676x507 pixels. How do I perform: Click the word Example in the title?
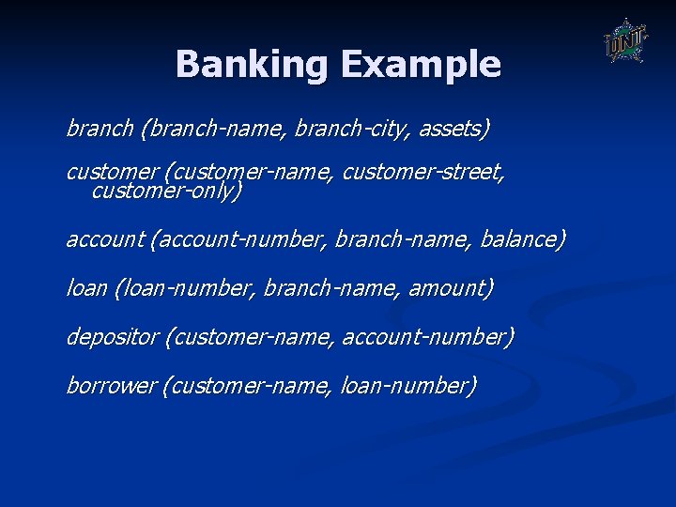tap(421, 65)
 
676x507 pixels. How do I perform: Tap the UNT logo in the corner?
tap(624, 41)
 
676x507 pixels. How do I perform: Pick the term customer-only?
tap(166, 192)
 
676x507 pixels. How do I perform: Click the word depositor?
tap(112, 336)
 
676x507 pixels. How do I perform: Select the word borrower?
tap(111, 385)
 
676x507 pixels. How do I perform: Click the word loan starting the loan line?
tap(86, 288)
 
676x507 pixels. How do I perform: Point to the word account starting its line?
tap(104, 239)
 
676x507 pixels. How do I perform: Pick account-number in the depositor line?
tap(428, 336)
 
